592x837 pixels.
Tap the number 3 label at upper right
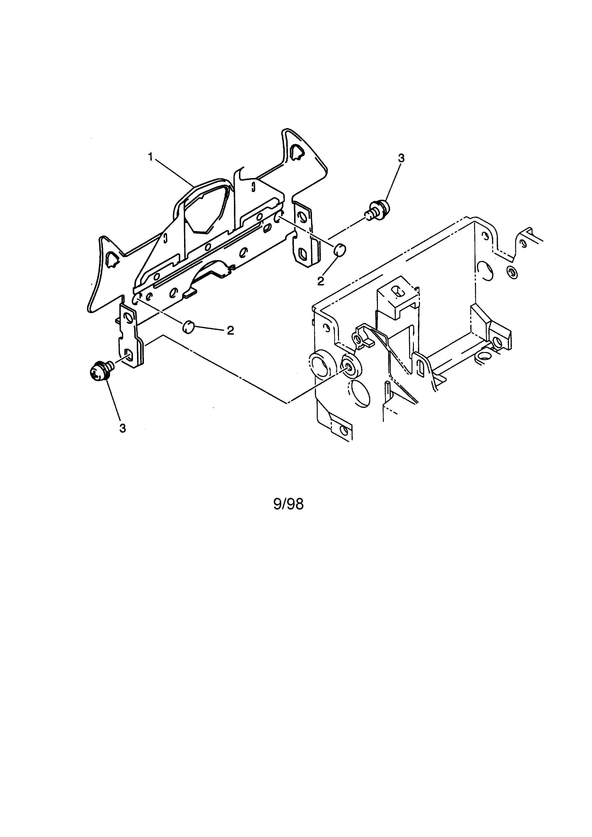401,158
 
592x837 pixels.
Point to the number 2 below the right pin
320,281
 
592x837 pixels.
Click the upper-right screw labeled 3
377,209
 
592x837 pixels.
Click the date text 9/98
288,504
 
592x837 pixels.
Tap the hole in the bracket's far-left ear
111,259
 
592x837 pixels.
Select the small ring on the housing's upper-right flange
512,272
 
